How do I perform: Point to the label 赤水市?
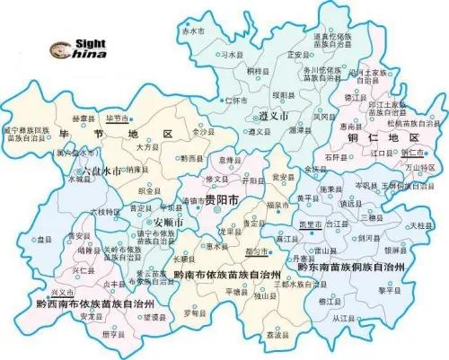(x=193, y=31)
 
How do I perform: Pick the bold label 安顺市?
(x=169, y=222)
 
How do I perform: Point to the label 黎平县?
(x=388, y=291)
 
